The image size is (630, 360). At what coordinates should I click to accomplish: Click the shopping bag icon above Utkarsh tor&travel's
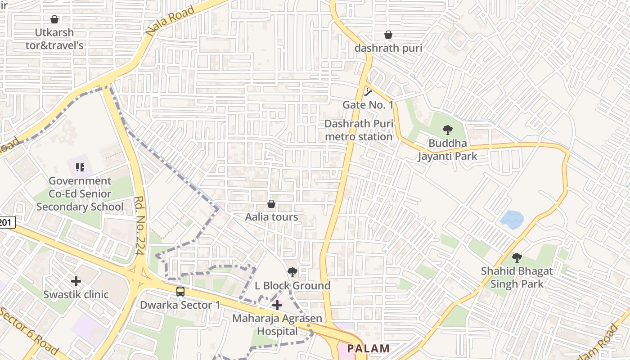(x=54, y=19)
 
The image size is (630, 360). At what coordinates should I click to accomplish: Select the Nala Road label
(x=171, y=21)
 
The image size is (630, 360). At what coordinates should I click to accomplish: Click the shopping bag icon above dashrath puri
(x=388, y=35)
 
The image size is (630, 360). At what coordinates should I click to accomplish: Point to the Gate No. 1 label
(x=368, y=105)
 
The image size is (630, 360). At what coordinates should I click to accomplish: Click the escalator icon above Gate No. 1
(x=369, y=92)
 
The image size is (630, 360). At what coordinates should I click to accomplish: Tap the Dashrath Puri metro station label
(x=359, y=130)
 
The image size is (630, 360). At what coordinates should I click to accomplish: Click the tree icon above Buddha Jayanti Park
(x=447, y=130)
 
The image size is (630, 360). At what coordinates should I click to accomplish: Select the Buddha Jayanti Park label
(x=447, y=150)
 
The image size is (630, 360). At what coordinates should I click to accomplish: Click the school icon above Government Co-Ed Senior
(x=80, y=168)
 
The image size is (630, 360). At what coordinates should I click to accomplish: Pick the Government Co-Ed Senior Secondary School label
(x=80, y=194)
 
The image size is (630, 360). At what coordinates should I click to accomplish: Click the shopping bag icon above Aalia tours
(x=271, y=204)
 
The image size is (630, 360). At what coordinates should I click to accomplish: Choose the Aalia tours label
(x=271, y=217)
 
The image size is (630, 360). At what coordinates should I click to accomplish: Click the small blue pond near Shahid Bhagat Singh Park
(x=512, y=220)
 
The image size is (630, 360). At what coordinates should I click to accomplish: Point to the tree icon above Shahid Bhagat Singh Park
(x=517, y=258)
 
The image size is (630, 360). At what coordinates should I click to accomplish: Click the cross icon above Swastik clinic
(x=76, y=281)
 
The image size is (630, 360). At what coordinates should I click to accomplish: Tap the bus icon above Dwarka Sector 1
(x=180, y=292)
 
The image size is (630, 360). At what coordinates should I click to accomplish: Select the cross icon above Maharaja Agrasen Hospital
(x=277, y=305)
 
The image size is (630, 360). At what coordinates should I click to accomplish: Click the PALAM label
(x=368, y=348)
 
